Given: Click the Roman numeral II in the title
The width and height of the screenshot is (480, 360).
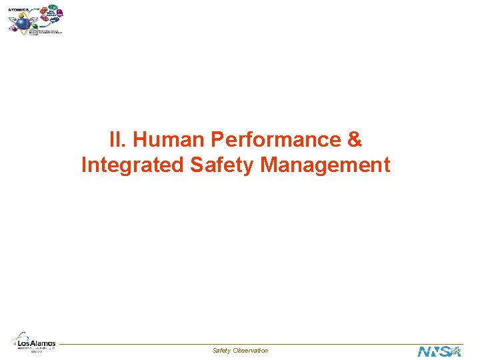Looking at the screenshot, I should click(116, 140).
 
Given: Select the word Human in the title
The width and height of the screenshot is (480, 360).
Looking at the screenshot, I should click(168, 140).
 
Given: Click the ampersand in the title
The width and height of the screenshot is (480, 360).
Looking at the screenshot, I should click(355, 140).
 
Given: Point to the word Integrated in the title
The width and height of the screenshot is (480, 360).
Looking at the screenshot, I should click(133, 164).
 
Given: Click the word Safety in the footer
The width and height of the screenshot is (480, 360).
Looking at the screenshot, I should click(221, 351).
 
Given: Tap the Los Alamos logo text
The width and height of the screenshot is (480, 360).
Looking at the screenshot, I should click(37, 343).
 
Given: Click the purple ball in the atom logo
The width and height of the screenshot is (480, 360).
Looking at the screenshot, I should click(60, 13).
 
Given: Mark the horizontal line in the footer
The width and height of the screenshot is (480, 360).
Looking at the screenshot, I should click(240, 345).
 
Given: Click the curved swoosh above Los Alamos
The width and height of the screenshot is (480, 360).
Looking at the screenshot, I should click(22, 335).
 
